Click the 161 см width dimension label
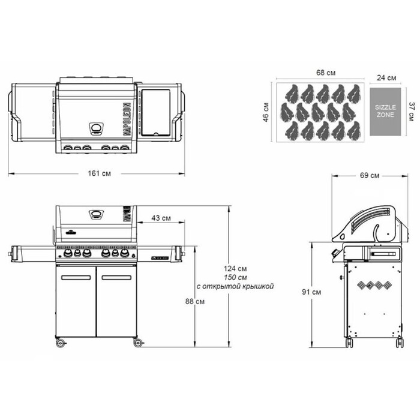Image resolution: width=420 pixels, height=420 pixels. click(x=98, y=173)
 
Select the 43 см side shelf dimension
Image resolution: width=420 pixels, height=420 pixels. click(x=159, y=217)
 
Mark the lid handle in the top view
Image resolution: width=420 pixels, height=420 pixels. click(x=96, y=128)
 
